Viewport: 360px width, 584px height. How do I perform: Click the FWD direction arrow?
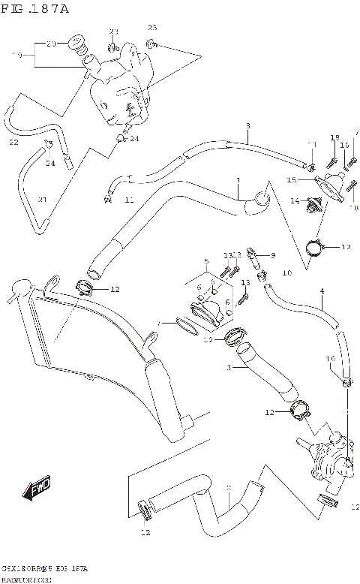tap(40, 490)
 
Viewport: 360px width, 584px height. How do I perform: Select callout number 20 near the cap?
tap(51, 44)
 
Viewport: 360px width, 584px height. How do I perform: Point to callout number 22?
tap(13, 142)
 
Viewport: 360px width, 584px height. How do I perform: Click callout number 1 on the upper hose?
tap(238, 181)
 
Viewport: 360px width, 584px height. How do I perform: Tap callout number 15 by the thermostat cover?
tap(292, 180)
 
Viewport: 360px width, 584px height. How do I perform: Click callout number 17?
tap(355, 134)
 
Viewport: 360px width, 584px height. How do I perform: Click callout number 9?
tap(272, 254)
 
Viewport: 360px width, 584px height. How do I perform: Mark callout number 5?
tap(205, 262)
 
